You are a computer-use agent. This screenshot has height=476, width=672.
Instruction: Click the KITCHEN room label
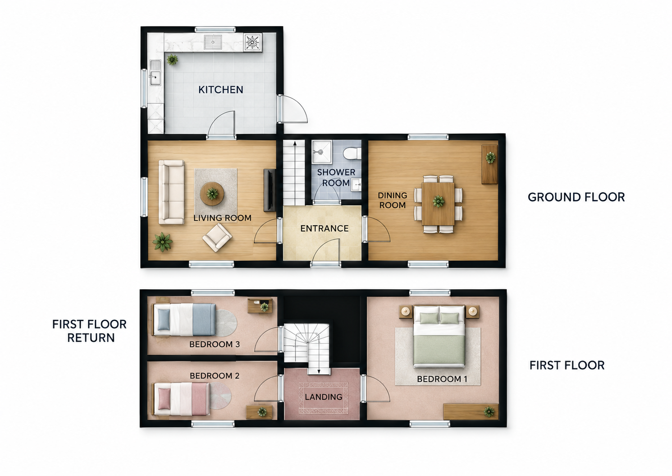coord(221,89)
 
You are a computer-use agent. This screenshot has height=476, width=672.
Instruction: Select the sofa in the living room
coord(171,192)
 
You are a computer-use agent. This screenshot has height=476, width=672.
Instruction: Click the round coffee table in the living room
coord(212,194)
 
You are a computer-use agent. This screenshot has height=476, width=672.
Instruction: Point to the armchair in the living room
coord(217,238)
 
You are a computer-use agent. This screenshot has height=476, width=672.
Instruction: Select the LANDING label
coord(324,397)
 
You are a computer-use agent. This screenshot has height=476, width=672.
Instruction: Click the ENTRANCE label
coord(325,229)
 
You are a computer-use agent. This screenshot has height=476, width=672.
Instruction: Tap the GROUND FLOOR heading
coord(576,197)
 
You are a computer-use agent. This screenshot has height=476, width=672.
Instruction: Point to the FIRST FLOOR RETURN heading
coord(90,331)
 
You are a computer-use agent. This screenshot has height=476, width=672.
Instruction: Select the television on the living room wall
coord(269,190)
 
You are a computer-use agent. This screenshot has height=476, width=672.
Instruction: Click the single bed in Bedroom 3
coord(184,319)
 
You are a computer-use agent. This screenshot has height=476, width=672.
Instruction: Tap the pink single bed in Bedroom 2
coord(182,399)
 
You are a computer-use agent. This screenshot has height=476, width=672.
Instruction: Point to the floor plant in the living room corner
coord(162,241)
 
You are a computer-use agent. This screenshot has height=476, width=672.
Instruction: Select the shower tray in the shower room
coord(322,152)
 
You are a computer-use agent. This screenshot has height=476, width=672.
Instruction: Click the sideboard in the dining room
coord(490,164)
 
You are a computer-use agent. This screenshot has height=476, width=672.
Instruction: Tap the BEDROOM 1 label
coord(442,379)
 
